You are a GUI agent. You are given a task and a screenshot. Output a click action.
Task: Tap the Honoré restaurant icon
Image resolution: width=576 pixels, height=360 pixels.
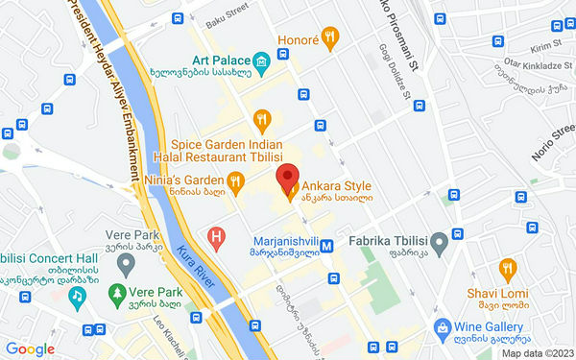330,38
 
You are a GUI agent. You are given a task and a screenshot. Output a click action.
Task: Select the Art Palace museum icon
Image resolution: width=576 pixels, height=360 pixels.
262,62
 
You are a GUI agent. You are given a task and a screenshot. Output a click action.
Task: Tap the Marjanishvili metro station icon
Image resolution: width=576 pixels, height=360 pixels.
327,245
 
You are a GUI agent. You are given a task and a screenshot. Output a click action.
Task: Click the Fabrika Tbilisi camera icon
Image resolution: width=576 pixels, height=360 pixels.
438,240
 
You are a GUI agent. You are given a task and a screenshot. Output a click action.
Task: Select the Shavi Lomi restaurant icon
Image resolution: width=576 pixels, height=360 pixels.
506,266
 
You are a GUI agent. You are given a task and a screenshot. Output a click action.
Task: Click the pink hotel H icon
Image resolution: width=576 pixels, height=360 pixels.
218,235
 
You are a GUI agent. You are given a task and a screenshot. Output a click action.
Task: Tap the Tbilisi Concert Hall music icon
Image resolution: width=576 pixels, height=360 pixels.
75,297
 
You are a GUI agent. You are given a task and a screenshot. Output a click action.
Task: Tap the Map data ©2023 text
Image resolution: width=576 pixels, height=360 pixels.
535,352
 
